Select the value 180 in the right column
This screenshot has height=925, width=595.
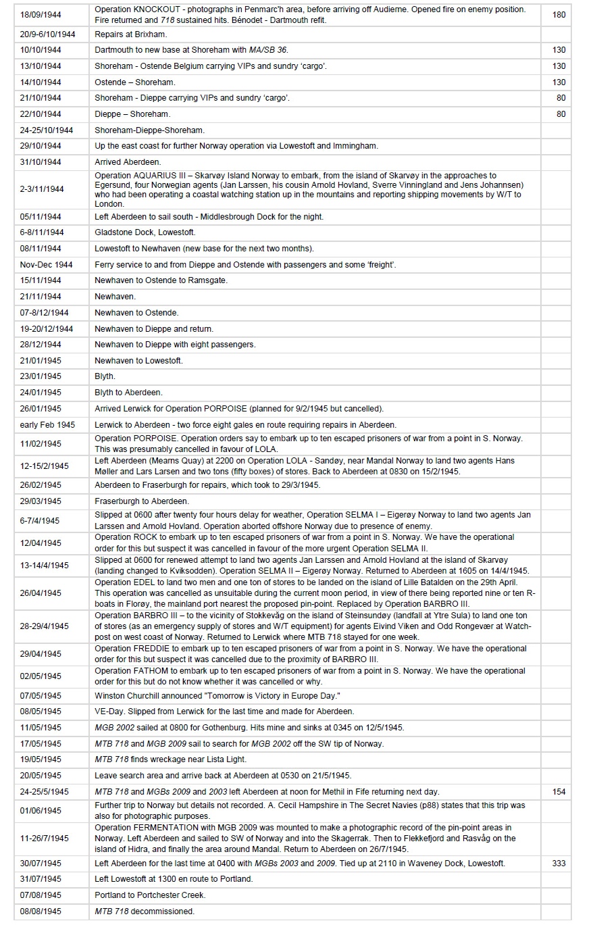[559, 14]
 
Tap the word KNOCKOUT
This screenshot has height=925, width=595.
[156, 10]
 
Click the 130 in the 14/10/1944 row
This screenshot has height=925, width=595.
[559, 82]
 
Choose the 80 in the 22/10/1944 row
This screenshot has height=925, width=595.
[561, 114]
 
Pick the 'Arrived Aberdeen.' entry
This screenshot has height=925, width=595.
[128, 162]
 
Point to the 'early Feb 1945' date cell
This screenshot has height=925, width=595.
[47, 425]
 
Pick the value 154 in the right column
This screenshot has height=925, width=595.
[559, 791]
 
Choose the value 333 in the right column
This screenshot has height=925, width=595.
[559, 863]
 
